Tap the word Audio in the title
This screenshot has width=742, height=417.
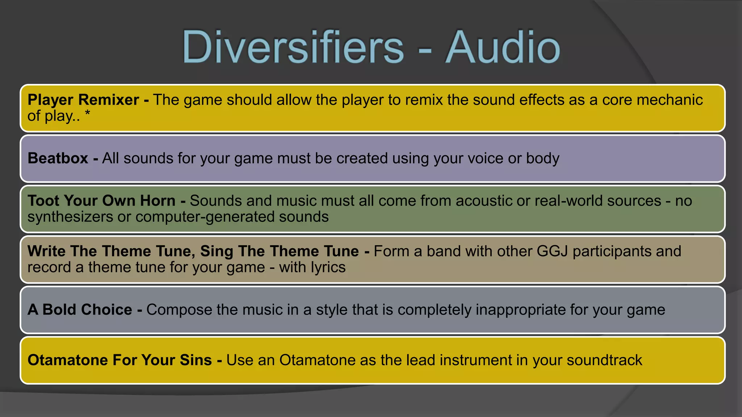pos(503,47)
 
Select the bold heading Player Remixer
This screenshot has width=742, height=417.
pos(83,100)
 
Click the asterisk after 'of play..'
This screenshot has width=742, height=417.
pos(87,114)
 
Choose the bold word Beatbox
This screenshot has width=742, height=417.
pos(58,159)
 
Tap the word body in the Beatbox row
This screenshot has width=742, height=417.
pos(542,159)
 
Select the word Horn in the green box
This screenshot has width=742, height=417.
pos(158,201)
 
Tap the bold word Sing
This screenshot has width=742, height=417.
pos(216,251)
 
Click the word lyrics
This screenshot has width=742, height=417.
pos(328,268)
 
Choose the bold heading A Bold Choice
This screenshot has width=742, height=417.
pos(80,310)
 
